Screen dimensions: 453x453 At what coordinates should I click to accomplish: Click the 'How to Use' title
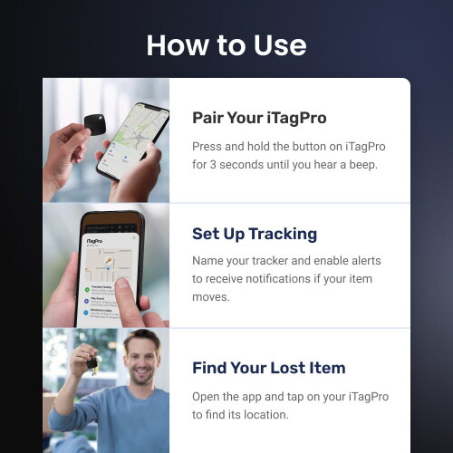226,44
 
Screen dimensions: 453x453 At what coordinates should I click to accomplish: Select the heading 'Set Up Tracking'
255,234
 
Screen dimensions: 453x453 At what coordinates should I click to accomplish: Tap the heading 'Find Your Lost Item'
268,368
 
